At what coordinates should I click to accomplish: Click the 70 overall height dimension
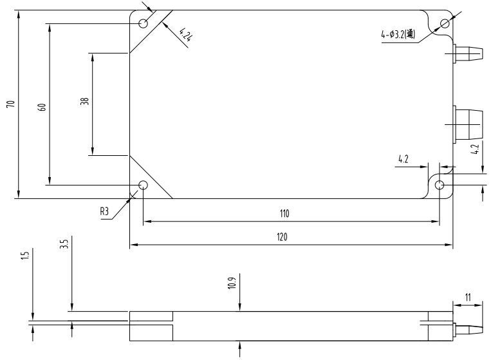coord(11,104)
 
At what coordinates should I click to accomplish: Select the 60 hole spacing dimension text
coord(42,107)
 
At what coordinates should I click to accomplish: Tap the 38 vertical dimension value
coord(85,101)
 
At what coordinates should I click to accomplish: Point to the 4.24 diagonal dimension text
coord(185,35)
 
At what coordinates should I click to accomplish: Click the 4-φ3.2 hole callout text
coord(398,33)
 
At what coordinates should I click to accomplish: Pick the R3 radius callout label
coord(104,211)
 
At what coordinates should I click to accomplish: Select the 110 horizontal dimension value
coord(284,214)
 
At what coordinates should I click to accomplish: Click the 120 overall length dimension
coord(282,237)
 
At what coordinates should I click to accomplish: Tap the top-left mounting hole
coord(143,23)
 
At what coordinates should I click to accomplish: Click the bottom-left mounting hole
coord(143,185)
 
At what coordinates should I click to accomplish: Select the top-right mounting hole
coord(445,23)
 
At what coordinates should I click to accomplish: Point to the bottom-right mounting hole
coord(440,185)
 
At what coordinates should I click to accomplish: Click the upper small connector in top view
coord(467,53)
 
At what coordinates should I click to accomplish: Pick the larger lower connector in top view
coord(467,125)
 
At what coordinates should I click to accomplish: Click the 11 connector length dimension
coord(468,298)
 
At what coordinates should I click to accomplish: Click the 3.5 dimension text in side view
coord(64,244)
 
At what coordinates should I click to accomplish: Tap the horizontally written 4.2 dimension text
coord(403,159)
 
